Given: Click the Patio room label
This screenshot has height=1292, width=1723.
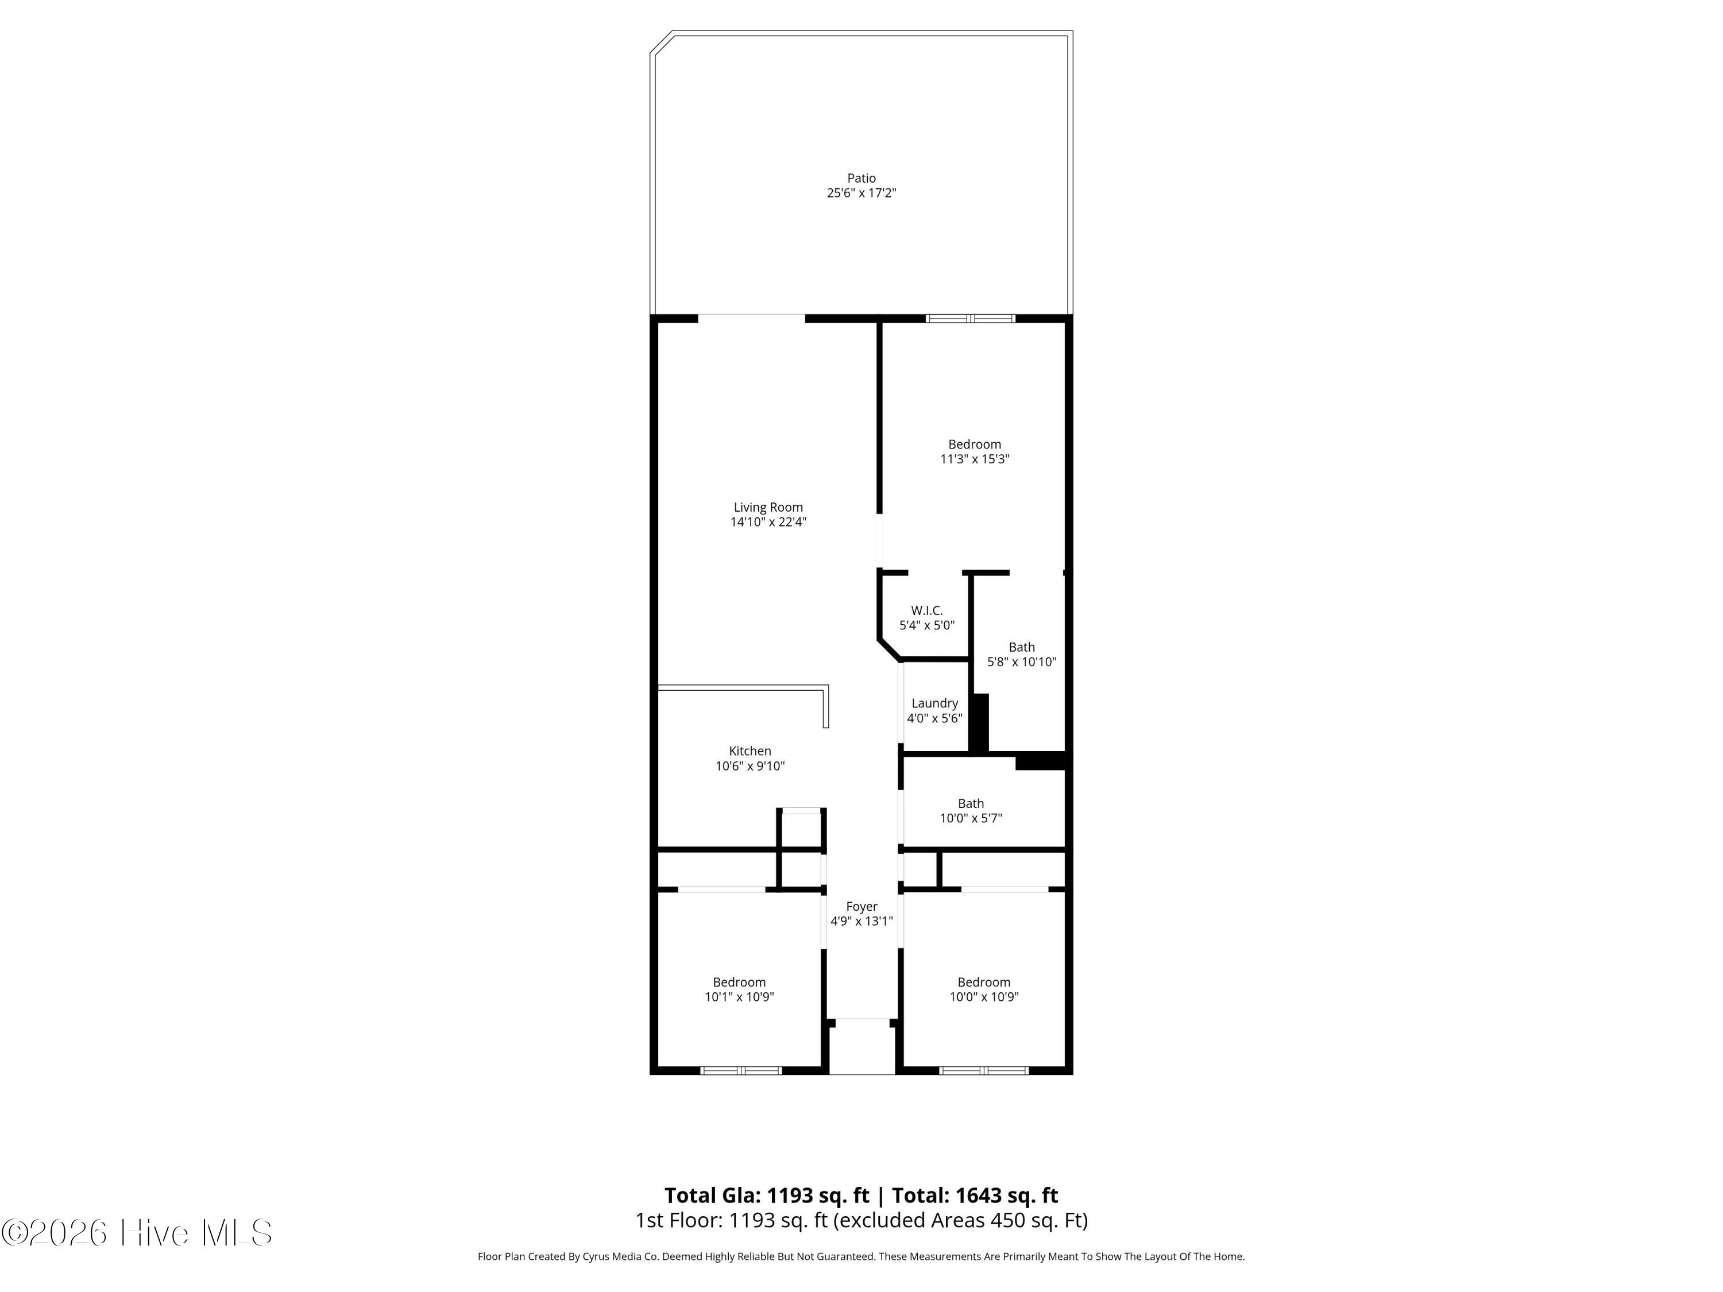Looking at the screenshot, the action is click(x=861, y=179).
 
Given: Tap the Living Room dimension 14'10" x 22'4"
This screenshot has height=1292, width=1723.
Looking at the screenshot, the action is click(x=768, y=522).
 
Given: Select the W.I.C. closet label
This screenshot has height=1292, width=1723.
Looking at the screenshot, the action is click(x=927, y=610).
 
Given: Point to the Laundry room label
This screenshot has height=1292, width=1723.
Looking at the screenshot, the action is click(x=934, y=703).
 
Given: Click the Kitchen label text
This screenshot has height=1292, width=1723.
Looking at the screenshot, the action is click(x=750, y=751).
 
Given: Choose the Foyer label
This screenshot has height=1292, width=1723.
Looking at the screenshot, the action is click(x=861, y=907).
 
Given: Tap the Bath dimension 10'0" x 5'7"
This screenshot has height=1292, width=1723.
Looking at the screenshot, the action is click(x=971, y=818).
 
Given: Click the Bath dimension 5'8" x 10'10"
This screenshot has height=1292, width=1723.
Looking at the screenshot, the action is click(x=1022, y=662).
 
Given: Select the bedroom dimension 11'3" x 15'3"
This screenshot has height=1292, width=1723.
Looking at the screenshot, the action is click(x=975, y=459).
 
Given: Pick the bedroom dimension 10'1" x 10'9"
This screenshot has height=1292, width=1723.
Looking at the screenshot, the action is click(x=739, y=997).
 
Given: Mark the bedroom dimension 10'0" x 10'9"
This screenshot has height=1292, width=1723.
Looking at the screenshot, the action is click(x=984, y=997).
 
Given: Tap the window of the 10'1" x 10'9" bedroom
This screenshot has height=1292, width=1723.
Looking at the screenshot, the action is click(x=741, y=1071).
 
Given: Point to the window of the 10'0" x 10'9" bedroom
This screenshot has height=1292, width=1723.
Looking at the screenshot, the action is click(x=984, y=1071).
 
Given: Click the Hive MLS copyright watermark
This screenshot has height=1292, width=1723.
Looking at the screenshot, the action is click(x=137, y=1233).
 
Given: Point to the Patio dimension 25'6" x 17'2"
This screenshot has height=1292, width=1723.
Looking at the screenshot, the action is click(x=861, y=193).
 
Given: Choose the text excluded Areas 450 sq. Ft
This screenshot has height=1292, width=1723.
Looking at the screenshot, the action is click(x=960, y=1220).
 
